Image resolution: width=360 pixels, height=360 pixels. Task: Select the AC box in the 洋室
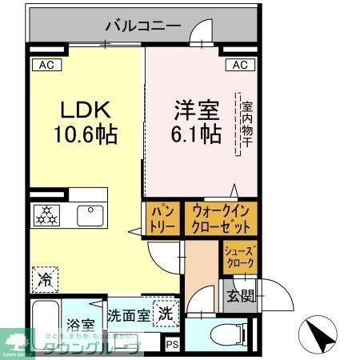click(x=240, y=65)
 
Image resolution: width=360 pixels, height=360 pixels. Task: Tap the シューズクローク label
click(x=239, y=257)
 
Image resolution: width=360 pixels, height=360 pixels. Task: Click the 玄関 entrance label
click(x=242, y=297)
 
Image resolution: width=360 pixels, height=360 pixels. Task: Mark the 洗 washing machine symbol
click(x=163, y=313)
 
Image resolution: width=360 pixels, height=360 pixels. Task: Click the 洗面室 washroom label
click(x=128, y=315)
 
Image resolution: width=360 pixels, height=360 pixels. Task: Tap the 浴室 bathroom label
click(x=81, y=326)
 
